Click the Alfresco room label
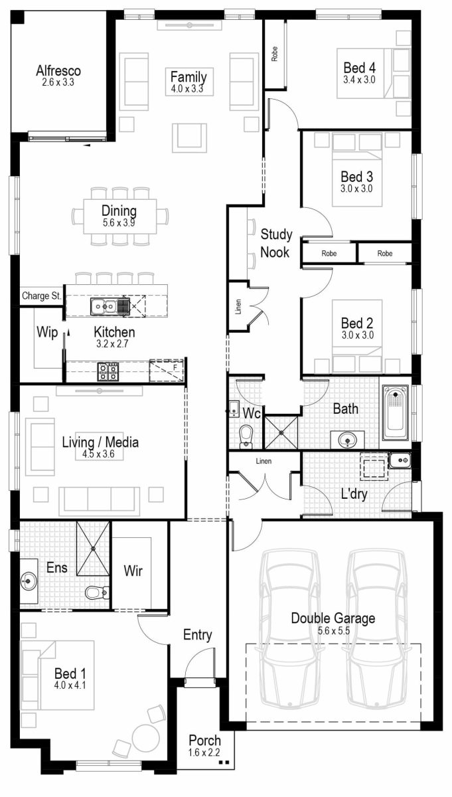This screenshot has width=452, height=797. [58, 70]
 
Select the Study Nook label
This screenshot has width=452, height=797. [275, 242]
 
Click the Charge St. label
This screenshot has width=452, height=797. [41, 296]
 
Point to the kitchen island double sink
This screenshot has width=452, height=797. [106, 306]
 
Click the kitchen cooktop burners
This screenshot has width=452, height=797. [108, 371]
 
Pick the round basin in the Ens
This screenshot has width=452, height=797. [28, 582]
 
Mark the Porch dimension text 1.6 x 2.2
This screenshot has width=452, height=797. [204, 753]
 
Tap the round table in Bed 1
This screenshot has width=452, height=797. [144, 737]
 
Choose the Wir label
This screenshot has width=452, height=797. [133, 570]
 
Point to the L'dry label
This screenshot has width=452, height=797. [354, 494]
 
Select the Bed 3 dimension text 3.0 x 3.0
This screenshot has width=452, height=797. [356, 189]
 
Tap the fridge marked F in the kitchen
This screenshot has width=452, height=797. [166, 371]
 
